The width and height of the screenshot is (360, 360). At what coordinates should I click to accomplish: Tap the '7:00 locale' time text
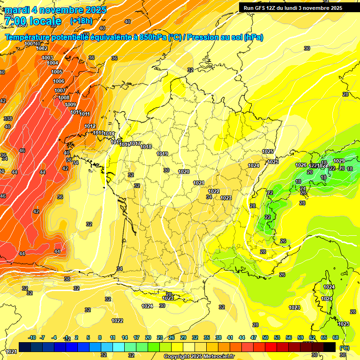(x=32, y=21)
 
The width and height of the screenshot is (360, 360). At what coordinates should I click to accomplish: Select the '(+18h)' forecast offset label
(x=81, y=21)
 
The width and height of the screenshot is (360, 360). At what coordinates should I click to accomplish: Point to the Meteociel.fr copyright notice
(x=199, y=356)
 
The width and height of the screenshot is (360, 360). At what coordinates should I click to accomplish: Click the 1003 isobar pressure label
(x=47, y=58)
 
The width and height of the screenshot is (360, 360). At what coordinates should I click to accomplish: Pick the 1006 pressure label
(x=59, y=81)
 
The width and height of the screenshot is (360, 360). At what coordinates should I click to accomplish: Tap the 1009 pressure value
(x=70, y=105)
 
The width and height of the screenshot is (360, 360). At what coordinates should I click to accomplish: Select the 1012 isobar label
(x=90, y=126)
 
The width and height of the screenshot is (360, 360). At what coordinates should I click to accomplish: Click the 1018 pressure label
(x=146, y=147)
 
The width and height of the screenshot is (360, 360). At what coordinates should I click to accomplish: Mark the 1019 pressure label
(x=162, y=154)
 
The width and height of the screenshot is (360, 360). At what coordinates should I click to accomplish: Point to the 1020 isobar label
(x=184, y=172)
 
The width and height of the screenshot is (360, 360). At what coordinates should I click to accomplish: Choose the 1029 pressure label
(x=339, y=161)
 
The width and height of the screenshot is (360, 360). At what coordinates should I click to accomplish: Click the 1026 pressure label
(x=301, y=165)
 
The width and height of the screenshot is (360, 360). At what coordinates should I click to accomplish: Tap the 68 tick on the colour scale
(x=336, y=337)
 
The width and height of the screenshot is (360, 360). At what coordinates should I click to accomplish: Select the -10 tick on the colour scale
(x=32, y=337)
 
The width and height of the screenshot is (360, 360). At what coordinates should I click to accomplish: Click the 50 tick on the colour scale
(x=265, y=337)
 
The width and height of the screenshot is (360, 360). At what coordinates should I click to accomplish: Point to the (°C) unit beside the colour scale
(x=345, y=348)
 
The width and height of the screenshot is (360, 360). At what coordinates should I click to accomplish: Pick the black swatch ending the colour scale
(x=330, y=347)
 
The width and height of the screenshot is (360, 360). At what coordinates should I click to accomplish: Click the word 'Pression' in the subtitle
(x=202, y=37)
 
